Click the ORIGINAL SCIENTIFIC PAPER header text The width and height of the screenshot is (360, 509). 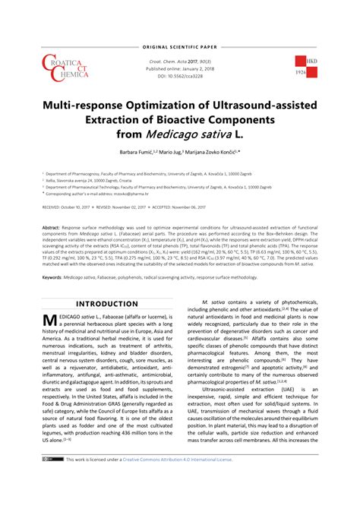pos(179,27)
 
